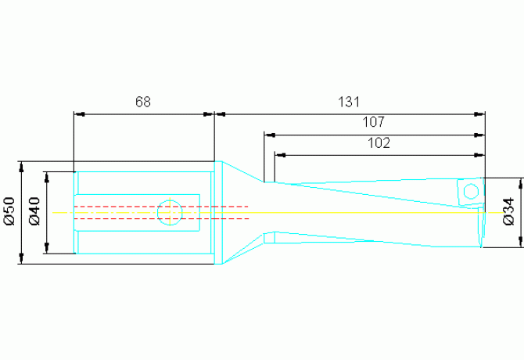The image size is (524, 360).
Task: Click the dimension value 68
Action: click(143, 102)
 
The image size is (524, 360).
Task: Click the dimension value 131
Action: click(349, 102)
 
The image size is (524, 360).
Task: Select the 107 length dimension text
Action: click(374, 122)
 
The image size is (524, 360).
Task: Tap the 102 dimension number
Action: click(379, 142)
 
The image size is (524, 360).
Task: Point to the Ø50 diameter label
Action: click(9, 211)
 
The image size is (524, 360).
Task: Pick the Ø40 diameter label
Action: click(34, 211)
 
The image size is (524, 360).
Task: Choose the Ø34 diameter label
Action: click(509, 211)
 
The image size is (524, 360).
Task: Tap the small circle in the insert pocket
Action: click(471, 192)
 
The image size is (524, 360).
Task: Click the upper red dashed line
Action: click(161, 207)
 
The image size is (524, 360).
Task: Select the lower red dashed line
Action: click(161, 218)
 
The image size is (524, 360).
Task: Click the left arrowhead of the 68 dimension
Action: click(79, 114)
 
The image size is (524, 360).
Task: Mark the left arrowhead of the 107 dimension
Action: click(270, 135)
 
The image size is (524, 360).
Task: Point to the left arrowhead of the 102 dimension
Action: click(281, 155)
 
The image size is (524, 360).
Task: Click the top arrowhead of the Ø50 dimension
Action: click(22, 167)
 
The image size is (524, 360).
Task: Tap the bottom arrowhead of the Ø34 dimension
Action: click(520, 242)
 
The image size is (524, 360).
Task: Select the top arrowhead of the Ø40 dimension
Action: click(47, 178)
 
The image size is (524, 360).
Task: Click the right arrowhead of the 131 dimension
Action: click(479, 114)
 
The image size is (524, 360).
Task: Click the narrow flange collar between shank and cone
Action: click(218, 213)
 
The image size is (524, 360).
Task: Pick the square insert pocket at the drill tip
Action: click(470, 192)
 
